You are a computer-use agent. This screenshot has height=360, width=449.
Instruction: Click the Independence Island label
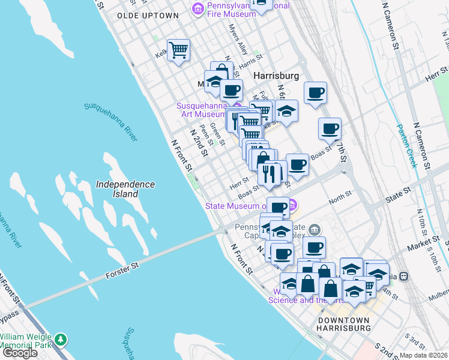[125, 189]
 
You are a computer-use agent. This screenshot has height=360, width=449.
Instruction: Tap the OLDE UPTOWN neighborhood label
[148, 15]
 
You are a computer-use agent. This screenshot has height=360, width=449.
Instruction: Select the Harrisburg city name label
[276, 76]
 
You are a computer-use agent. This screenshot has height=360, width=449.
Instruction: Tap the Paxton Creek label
[406, 146]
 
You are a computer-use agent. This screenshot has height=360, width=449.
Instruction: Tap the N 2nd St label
[199, 142]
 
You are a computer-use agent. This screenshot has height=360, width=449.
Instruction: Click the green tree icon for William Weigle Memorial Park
[60, 339]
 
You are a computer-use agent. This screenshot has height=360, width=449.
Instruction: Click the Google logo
[20, 353]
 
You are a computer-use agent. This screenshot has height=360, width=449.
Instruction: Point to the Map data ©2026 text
[424, 355]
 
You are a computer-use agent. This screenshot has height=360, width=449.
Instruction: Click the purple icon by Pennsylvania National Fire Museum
[197, 8]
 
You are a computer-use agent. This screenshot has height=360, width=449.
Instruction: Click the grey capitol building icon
[314, 229]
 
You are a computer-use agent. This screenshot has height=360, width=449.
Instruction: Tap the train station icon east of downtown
[404, 276]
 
